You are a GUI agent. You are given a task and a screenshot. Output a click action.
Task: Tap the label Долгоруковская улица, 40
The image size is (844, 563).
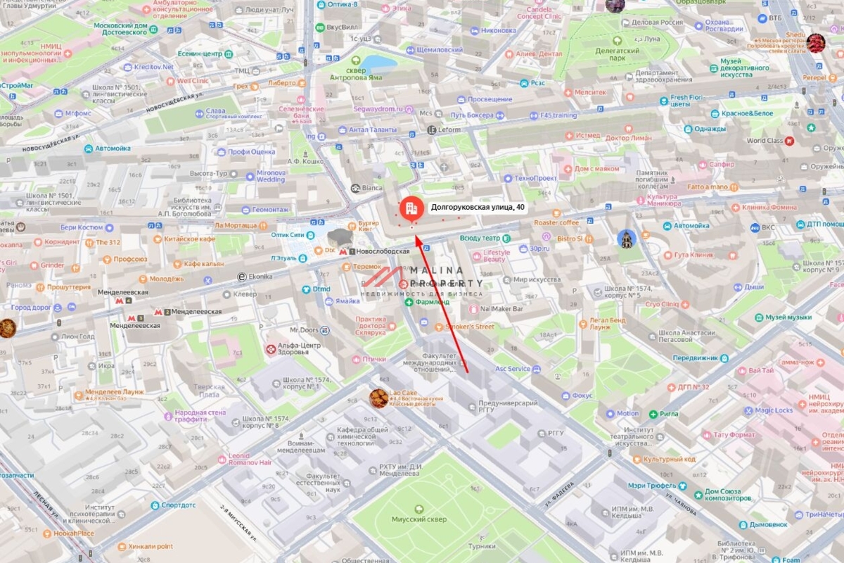coord(477,207)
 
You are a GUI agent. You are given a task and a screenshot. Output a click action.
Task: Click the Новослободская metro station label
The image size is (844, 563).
coord(383,251)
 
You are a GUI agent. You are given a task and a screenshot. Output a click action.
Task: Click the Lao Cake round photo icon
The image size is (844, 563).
coord(379,398)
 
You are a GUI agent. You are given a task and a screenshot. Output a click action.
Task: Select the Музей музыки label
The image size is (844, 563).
coord(788,317)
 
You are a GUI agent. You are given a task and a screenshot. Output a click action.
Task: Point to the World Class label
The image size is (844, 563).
coord(765,141)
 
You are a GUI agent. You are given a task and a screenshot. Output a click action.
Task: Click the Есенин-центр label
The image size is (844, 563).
coord(200,53)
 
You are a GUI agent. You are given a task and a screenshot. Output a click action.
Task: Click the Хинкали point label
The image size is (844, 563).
coord(150,546)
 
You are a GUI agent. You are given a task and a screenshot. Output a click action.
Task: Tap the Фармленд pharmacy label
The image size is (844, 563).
coord(431,302)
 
